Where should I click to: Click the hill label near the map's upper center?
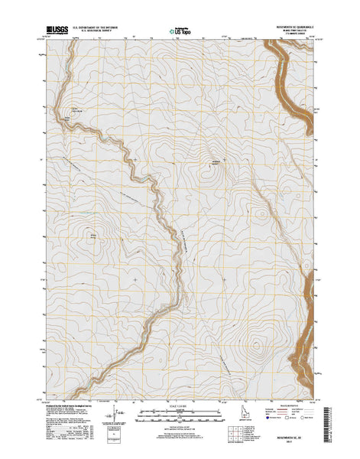[x=216, y=161]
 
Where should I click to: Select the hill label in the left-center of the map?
[x=94, y=236]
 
